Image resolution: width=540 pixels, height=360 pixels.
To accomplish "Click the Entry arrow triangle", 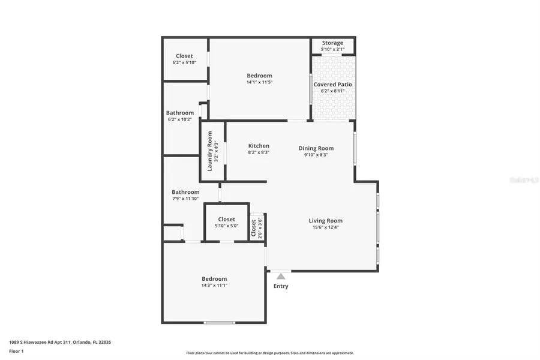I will point(280,276).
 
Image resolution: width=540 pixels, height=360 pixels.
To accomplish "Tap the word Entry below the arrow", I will point(281,286).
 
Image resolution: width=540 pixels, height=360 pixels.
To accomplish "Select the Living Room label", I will point(325,221).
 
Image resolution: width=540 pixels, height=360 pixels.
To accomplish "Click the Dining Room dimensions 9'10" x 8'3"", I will point(316,155).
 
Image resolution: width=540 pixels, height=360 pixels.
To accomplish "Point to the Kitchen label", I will point(259,146).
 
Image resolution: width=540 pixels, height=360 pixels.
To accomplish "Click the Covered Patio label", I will point(332,85).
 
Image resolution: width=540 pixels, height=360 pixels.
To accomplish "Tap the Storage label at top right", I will point(332,43).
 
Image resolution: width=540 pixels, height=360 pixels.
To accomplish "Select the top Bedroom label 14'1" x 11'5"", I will point(259,76).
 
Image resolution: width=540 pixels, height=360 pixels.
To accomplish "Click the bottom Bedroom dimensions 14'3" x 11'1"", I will point(214,286).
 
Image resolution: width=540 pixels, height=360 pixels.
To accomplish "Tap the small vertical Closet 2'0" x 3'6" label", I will point(253,228).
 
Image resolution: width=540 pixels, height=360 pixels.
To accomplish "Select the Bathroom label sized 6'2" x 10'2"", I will point(180,113).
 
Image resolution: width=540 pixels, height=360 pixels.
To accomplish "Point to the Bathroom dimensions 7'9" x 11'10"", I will point(185,199).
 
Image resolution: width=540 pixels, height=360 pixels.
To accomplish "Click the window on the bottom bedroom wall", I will point(220,323).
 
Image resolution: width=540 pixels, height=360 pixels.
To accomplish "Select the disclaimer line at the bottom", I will point(269,353).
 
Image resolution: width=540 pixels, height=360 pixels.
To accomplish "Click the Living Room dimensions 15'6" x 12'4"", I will point(325,227).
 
